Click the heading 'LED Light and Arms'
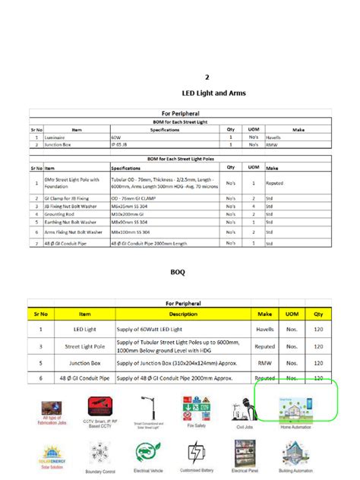pos(214,93)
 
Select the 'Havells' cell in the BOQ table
pos(265,330)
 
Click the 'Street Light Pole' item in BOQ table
pos(84,346)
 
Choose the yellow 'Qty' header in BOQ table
pos(318,313)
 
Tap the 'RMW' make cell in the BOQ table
pos(265,362)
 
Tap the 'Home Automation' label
pos(295,428)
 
